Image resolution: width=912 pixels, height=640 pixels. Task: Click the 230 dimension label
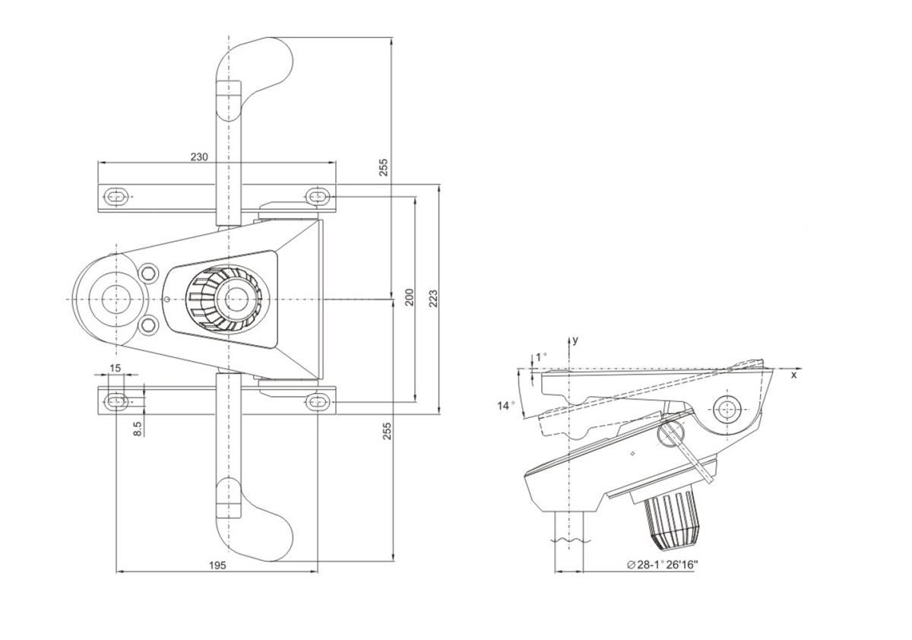coord(199,157)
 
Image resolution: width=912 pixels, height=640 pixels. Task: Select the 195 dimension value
coord(217,565)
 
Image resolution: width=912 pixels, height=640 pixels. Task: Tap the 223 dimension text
coord(433,299)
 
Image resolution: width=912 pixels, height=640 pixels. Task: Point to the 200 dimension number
coord(410,297)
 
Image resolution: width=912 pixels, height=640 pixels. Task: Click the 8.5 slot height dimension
coord(138,429)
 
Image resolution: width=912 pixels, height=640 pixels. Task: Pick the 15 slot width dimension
coord(116,368)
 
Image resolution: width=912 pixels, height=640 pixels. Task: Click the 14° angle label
coord(505,406)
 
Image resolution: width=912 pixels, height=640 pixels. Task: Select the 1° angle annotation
coord(540,357)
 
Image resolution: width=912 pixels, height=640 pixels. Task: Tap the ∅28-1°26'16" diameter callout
coord(663,564)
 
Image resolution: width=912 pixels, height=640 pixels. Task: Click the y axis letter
coord(575,341)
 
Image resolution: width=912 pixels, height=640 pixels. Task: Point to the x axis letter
coord(794,375)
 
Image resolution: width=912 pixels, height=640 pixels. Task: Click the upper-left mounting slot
coord(116,197)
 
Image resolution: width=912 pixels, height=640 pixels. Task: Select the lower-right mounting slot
coord(318,402)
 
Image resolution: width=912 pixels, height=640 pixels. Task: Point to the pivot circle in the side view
coord(727,409)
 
